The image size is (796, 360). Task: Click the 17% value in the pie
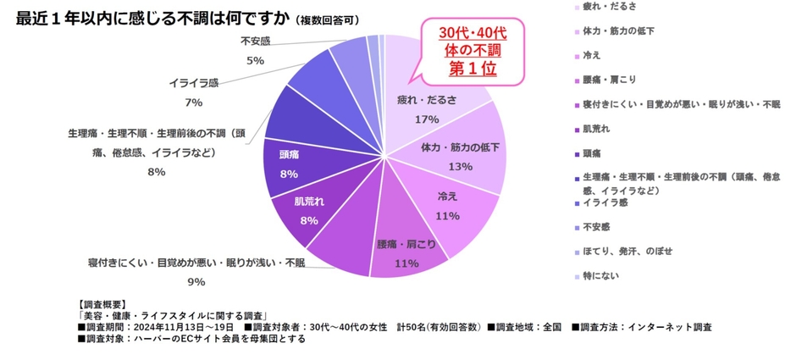point(427,119)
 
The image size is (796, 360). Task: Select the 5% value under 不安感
point(255,61)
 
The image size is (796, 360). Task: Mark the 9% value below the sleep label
point(196,282)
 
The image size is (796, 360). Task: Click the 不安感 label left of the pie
point(255,41)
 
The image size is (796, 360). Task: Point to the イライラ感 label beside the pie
point(193,82)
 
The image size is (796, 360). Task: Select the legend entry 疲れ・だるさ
point(610,6)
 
